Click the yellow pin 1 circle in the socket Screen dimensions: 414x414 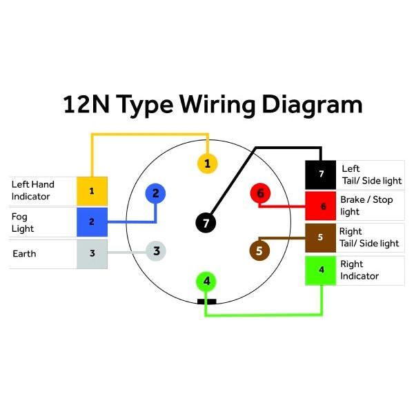click(208, 164)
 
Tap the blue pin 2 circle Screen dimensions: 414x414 click(155, 193)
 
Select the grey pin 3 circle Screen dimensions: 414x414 click(156, 251)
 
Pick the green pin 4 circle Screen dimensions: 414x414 click(206, 282)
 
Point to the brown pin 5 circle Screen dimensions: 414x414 click(259, 250)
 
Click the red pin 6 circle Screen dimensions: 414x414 click(260, 193)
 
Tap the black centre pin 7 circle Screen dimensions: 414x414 click(206, 223)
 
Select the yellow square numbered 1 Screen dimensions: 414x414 click(92, 191)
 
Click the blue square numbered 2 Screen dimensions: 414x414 click(92, 222)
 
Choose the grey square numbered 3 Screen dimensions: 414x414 click(92, 254)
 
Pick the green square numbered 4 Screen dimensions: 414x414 click(321, 270)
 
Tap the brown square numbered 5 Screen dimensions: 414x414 click(321, 238)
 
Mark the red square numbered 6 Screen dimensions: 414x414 click(321, 206)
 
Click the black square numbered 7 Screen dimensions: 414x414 click(321, 175)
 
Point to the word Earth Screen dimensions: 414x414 click(24, 254)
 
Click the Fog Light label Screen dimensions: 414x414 click(23, 223)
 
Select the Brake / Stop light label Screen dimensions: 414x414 click(366, 206)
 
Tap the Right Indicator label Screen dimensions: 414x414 click(359, 270)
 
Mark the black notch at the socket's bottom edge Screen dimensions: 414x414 click(207, 302)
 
